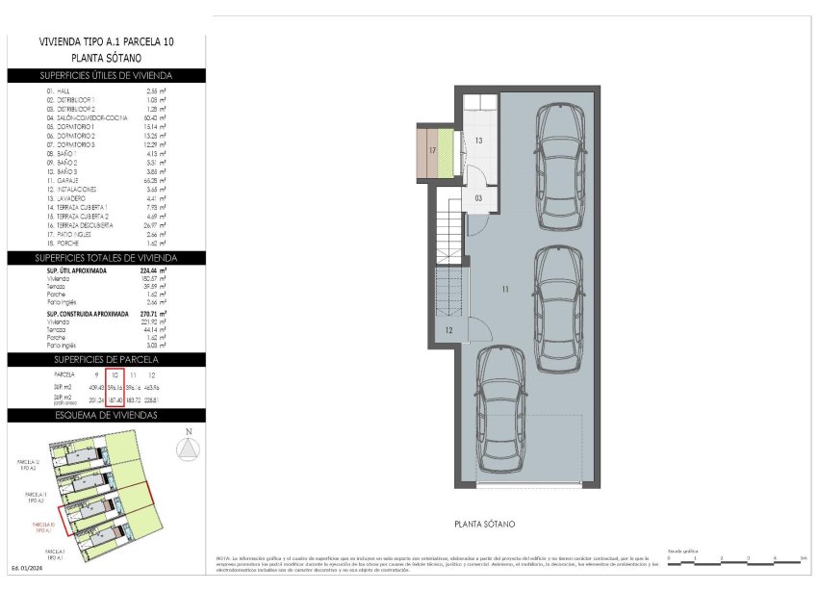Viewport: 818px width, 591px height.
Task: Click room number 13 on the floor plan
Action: (478, 141)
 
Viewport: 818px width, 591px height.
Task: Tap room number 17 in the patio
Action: (433, 151)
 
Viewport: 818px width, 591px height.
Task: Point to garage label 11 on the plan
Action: (505, 288)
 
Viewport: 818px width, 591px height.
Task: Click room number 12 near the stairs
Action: (448, 330)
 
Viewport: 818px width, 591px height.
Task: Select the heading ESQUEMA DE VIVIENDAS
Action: (106, 415)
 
